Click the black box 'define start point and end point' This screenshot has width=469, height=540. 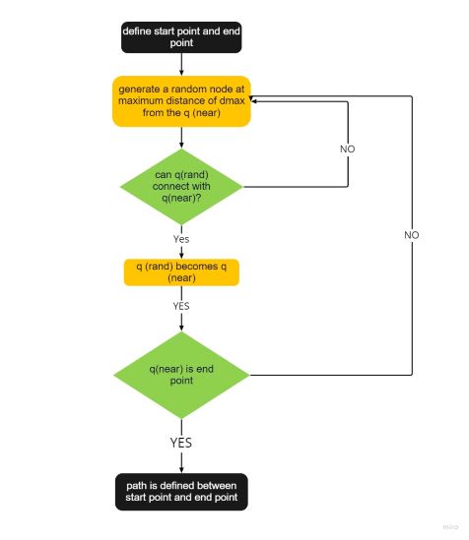pos(180,38)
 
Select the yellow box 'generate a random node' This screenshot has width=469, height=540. pos(180,102)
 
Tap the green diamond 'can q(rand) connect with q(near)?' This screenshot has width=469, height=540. pos(180,186)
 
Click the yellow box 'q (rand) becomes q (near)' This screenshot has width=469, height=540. pos(180,271)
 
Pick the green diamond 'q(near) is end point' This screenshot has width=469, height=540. pos(180,375)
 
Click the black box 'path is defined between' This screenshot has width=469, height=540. pos(180,492)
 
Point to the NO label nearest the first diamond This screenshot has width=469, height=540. pos(347,149)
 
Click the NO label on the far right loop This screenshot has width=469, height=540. pos(411,236)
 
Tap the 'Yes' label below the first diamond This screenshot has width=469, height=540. pos(181,238)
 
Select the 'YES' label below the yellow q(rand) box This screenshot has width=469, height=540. pos(181,306)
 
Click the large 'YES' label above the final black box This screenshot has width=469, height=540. pos(181,443)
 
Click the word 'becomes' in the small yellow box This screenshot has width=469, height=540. pos(195,266)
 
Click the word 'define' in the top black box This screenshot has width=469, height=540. pos(138,31)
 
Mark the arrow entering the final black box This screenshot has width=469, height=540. pos(180,464)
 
